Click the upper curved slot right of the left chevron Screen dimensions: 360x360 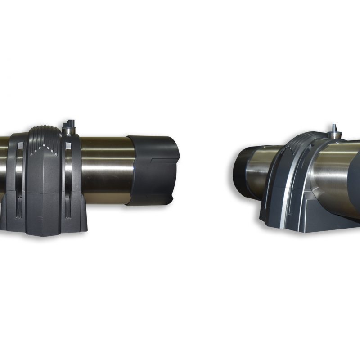(x=67, y=162)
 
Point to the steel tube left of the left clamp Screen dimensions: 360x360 (x=4, y=166)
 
